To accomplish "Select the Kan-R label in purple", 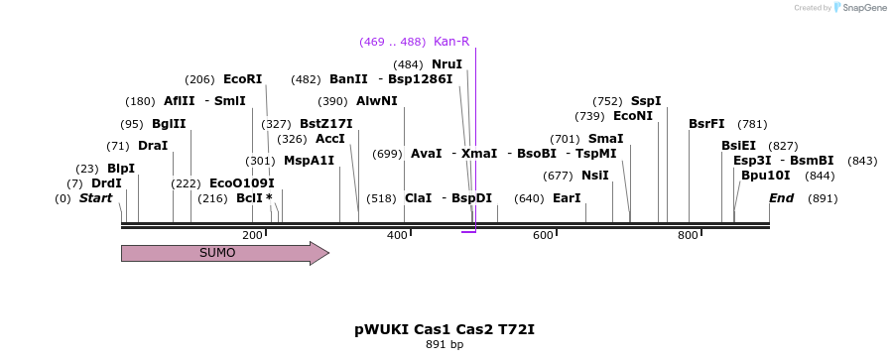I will [x=451, y=42].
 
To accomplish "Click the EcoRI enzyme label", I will [x=242, y=79].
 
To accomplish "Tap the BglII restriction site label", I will [x=169, y=124].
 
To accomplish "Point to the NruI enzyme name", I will [x=446, y=64].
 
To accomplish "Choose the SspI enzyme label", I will [x=646, y=101].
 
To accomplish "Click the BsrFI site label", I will [x=706, y=124].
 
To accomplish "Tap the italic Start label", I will [x=95, y=198].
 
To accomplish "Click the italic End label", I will [x=781, y=198].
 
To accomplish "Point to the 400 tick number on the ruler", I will [x=397, y=235].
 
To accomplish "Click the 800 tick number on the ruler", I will [x=688, y=235].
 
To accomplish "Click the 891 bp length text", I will [x=445, y=345].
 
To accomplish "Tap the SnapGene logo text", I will [x=863, y=8].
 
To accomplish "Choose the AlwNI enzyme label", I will [x=377, y=101].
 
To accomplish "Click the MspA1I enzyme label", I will [x=309, y=161].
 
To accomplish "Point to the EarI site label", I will [x=567, y=198].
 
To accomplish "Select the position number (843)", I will [x=863, y=161].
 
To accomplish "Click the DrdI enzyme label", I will [x=106, y=183].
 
